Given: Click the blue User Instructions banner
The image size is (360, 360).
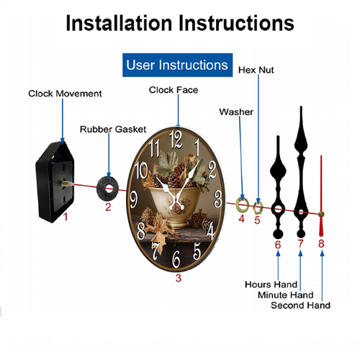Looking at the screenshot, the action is pyautogui.click(x=177, y=65).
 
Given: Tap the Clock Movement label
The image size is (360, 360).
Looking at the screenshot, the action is pyautogui.click(x=65, y=94).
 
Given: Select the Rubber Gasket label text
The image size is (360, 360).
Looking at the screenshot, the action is pyautogui.click(x=113, y=130).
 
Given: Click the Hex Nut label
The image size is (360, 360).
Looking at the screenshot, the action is pyautogui.click(x=256, y=70).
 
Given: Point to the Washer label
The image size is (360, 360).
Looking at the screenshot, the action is pyautogui.click(x=236, y=112).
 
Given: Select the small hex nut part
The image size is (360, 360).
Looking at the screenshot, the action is pyautogui.click(x=258, y=208).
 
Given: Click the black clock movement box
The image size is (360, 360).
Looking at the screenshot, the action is pyautogui.click(x=55, y=182).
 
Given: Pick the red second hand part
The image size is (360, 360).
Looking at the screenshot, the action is pyautogui.click(x=321, y=196).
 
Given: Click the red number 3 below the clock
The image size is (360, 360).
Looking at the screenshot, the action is pyautogui.click(x=179, y=278).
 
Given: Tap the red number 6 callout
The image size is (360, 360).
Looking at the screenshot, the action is pyautogui.click(x=278, y=245).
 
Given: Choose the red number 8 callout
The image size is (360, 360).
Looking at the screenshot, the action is pyautogui.click(x=321, y=243).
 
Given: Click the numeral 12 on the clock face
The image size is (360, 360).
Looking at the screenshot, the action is pyautogui.click(x=176, y=139).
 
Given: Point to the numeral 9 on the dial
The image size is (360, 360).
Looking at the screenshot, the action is pyautogui.click(x=133, y=199).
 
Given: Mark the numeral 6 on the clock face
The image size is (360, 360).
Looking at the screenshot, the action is pyautogui.click(x=176, y=259).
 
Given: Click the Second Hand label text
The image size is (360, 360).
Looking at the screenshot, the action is pyautogui.click(x=300, y=305).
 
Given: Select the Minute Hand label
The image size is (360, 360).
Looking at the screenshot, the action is pyautogui.click(x=286, y=294).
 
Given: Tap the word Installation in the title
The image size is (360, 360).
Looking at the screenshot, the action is pyautogui.click(x=119, y=23).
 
